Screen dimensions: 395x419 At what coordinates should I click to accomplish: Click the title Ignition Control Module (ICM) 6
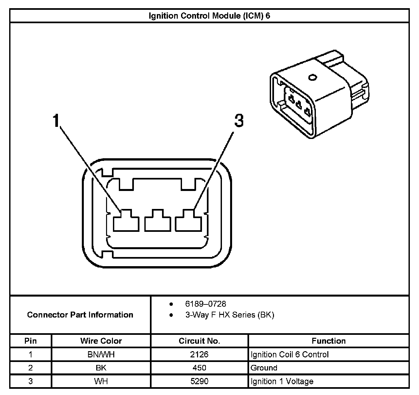209,16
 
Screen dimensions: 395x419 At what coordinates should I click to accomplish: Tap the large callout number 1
57,121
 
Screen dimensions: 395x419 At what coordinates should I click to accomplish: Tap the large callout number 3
239,121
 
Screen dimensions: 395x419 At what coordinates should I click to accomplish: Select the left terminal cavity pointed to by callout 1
127,222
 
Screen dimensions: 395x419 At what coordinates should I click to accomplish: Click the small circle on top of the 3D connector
312,78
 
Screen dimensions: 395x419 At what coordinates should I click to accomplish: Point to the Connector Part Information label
80,315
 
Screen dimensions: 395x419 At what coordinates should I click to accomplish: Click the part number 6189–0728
206,304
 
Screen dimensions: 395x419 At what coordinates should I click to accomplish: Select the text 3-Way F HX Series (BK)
229,315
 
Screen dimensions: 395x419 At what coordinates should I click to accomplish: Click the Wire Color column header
101,341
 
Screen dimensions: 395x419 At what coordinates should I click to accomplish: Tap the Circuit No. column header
199,341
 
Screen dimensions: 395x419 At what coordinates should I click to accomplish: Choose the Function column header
328,341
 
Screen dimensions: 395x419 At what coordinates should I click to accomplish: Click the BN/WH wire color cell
101,354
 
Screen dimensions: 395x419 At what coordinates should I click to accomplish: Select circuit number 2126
199,354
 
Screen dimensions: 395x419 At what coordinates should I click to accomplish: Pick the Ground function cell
264,368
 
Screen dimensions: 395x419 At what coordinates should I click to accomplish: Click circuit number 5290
199,381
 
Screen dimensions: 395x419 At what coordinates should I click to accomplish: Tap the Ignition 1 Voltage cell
282,381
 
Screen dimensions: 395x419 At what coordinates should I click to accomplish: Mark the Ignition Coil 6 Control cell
289,354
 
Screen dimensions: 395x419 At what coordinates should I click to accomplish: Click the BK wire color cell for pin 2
101,368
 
